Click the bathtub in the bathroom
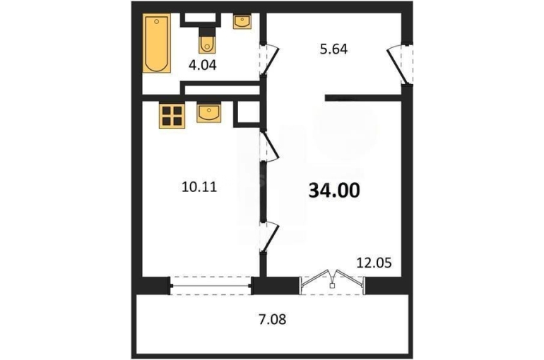point(157,43)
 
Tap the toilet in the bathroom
point(207,40)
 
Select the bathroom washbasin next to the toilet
point(242,21)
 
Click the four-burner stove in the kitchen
point(172,116)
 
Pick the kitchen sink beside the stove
point(208,113)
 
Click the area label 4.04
point(202,65)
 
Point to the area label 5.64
point(333,49)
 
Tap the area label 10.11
point(199,187)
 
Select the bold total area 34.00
point(334,191)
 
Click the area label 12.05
point(374,263)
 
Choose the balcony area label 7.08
point(272,319)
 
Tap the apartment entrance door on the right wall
point(400,64)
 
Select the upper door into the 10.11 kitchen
point(270,145)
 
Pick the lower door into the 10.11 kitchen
point(270,236)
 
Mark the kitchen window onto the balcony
point(211,286)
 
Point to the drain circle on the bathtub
point(157,21)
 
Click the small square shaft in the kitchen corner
point(247,113)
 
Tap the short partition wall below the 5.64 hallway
point(363,98)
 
